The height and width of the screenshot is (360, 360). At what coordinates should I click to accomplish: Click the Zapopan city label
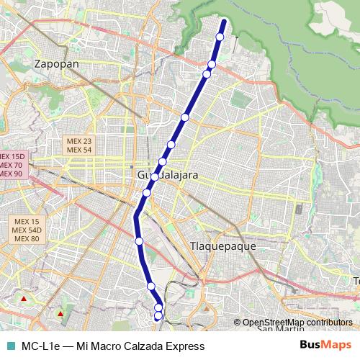[x=55, y=63]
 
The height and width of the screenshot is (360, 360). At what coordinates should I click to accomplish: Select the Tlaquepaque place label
[x=222, y=246]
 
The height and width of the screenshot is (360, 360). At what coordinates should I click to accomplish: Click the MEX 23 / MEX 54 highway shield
[x=78, y=145]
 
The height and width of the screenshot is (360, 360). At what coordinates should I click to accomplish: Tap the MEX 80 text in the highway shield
[x=26, y=238]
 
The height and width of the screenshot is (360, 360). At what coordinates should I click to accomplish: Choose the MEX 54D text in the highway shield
[x=26, y=230]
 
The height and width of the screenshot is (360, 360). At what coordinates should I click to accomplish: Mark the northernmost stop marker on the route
[x=220, y=37]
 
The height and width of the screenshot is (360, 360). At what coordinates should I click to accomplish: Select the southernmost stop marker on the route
[x=158, y=315]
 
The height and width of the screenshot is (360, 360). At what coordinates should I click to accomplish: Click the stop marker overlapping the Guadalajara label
[x=154, y=176]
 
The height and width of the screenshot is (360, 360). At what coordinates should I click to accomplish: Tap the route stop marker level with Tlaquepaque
[x=139, y=240]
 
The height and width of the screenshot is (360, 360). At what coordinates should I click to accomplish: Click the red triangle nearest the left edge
[x=24, y=298]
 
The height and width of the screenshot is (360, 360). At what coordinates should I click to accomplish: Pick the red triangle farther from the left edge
[x=60, y=313]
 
